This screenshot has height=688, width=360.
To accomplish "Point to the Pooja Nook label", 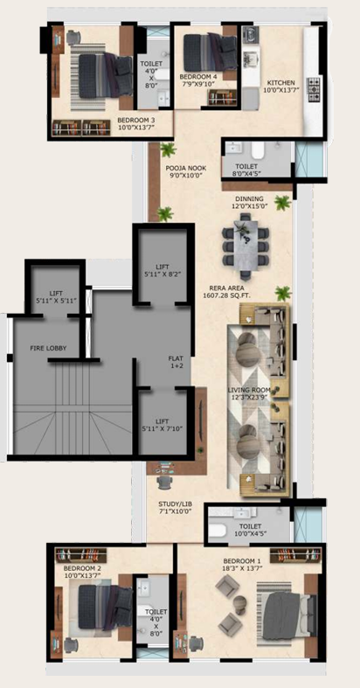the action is [x=185, y=171].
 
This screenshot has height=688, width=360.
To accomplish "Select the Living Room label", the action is [x=249, y=393].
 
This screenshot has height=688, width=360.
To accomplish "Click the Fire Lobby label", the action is [x=48, y=349].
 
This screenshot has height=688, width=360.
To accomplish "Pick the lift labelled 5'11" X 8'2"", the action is [x=163, y=270].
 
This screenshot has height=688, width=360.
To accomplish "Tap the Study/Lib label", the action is [x=176, y=508].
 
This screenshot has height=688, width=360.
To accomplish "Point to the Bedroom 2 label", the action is [x=82, y=571].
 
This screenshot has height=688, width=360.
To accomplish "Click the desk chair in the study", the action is [x=163, y=483].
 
